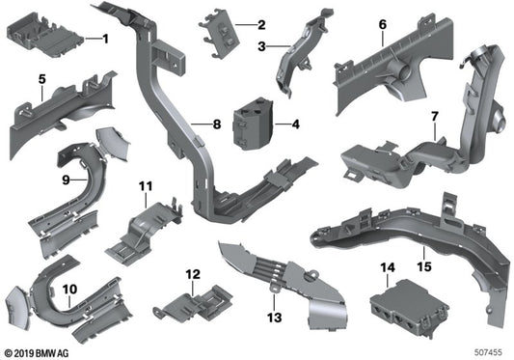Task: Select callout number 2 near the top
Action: pos(260,22)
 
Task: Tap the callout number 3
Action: pos(260,44)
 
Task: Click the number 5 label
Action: pos(41,78)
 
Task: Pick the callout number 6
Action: pos(382,23)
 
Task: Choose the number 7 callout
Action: pos(434,117)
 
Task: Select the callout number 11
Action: pos(146,184)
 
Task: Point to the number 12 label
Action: pos(192,274)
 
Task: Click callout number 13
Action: pos(274,317)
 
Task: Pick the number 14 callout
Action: pos(388,266)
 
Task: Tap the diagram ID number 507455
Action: pos(491,352)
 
